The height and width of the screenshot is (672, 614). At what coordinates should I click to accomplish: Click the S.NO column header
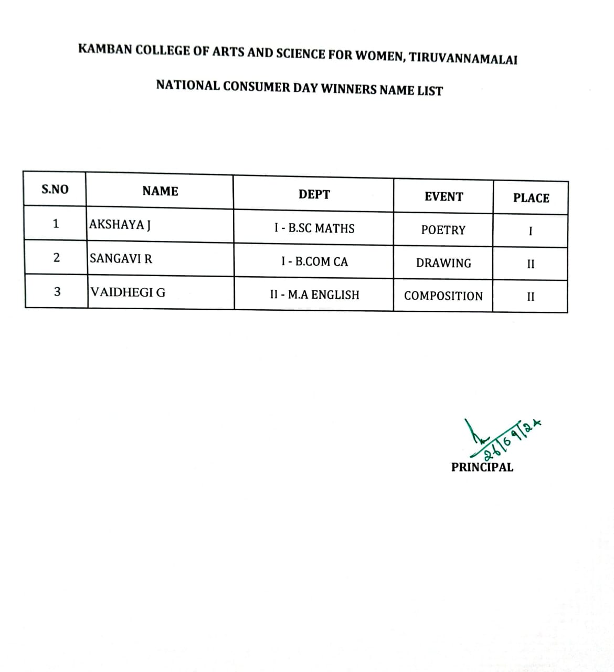[x=55, y=190]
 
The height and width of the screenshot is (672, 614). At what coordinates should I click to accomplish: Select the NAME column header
[x=160, y=192]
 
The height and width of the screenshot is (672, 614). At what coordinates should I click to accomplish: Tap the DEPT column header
[x=314, y=195]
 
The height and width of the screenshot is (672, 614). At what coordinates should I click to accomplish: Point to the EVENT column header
[x=443, y=197]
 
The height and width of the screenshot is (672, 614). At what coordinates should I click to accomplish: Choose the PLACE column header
[x=531, y=198]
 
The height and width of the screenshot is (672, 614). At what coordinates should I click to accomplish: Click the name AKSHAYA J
[x=120, y=225]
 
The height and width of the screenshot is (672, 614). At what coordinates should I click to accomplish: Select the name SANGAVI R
[x=121, y=259]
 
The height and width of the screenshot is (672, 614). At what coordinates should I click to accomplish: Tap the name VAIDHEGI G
[x=128, y=292]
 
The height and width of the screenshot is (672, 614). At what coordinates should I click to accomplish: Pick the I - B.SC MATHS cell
[x=314, y=228]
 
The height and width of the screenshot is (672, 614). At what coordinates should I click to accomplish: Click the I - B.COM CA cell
[x=314, y=261]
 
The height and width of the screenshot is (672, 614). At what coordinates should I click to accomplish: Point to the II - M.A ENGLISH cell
[x=314, y=295]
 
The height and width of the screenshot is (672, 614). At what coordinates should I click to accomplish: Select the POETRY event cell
[x=443, y=230]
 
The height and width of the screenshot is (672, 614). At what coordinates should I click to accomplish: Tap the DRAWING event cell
[x=443, y=264]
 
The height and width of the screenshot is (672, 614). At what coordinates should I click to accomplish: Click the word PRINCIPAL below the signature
[x=482, y=467]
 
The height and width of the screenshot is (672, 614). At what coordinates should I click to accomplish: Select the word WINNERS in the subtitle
[x=348, y=89]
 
